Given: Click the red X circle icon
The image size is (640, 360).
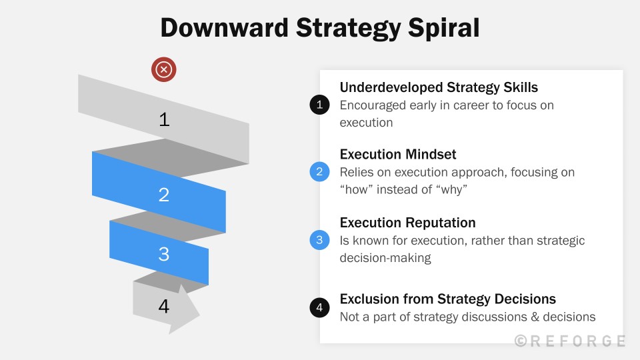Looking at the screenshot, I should point(163,69).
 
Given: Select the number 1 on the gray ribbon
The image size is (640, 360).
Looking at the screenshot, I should point(164,119).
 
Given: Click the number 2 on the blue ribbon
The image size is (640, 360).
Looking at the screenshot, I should point(164,195).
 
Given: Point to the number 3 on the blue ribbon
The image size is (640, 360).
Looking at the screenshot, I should point(164,254).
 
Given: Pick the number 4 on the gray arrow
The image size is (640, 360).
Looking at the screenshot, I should point(164,306).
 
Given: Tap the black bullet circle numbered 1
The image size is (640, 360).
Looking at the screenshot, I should point(320,105).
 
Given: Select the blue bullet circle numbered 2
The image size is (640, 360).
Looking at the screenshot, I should point(320,172).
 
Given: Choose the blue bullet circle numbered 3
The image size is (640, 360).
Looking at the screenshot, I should point(320,240).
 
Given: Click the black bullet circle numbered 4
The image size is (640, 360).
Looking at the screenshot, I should point(320,308).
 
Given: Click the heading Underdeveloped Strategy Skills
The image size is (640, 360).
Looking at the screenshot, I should point(439,87).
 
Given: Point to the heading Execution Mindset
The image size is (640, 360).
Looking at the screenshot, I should point(398,155).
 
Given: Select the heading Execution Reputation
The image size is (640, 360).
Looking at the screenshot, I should point(407,223).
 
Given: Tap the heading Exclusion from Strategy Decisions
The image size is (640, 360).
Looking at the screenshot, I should point(447,299).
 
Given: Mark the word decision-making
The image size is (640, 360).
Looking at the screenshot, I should point(385,258).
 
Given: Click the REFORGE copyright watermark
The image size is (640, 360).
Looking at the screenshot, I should point(570,341).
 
